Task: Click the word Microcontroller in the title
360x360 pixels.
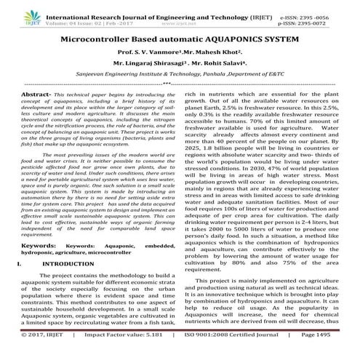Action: click(100, 36)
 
